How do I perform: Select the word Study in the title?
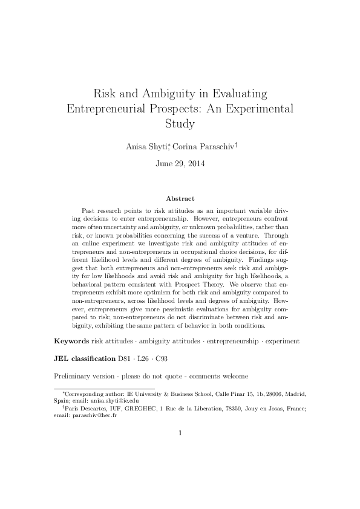180,125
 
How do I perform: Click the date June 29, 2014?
180,163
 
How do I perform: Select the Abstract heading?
180,198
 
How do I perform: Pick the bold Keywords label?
71,341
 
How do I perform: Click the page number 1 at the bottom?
180,433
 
